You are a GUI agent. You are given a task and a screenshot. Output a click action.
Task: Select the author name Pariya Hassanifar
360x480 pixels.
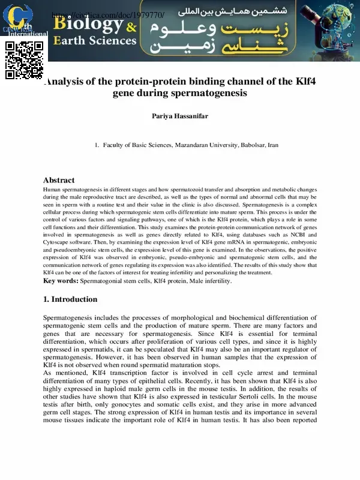coord(180,116)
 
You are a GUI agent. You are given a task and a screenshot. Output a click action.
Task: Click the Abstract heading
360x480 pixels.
coord(59,180)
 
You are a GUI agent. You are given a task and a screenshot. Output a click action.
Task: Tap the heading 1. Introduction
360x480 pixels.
coord(70,299)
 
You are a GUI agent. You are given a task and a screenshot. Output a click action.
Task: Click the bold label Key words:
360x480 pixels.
coord(61,281)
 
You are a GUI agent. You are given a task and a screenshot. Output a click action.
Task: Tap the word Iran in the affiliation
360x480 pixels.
coord(273,145)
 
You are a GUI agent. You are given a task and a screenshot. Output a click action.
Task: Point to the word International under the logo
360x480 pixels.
coord(27,34)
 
